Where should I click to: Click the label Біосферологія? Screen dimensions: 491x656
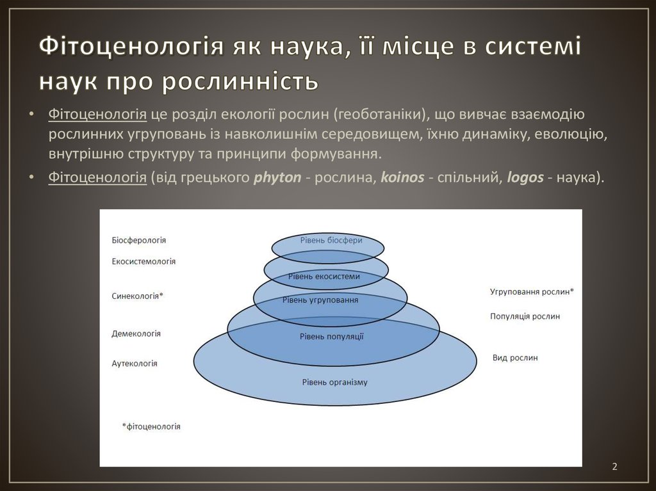click(138, 240)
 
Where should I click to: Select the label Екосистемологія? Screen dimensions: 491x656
click(143, 261)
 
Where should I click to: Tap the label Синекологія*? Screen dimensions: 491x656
click(138, 296)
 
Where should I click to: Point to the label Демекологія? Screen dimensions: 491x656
click(136, 334)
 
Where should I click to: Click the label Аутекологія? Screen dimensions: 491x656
click(135, 363)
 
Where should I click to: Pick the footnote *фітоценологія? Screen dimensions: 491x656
click(151, 426)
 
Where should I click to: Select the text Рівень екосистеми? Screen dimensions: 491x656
click(324, 276)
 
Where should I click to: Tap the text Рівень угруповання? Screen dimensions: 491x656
click(320, 300)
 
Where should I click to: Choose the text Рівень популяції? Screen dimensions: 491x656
click(331, 336)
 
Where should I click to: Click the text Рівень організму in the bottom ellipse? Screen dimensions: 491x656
click(334, 382)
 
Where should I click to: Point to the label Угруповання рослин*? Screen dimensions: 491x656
click(532, 292)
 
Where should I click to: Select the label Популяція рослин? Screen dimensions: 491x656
click(525, 316)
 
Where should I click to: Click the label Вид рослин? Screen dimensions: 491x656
click(515, 358)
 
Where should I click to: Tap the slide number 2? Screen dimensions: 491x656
click(614, 467)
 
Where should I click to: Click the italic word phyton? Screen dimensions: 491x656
click(277, 178)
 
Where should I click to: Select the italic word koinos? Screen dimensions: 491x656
click(402, 178)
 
